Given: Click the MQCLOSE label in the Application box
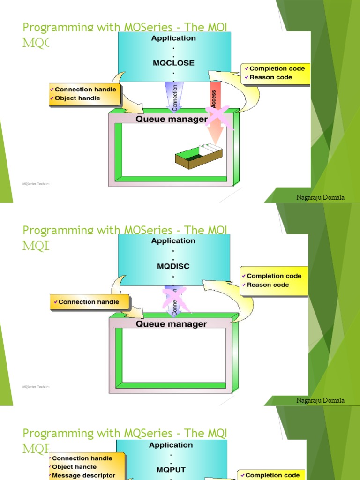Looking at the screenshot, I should [173, 63].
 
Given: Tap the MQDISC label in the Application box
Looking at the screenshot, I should [173, 266].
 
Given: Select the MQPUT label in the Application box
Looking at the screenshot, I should [173, 469].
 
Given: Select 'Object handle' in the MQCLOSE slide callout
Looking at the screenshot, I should [77, 98].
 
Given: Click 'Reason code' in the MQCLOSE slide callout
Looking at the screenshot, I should [270, 77].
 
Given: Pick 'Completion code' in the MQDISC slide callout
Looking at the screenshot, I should [274, 276].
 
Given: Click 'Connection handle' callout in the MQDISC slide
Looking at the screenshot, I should [89, 302].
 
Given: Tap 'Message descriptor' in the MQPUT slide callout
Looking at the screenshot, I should [83, 475].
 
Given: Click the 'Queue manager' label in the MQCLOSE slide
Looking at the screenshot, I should [171, 119].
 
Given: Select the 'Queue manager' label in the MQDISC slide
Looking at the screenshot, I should [171, 324].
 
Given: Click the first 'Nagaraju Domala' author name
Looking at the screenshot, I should [320, 197].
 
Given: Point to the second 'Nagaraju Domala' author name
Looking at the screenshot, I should [320, 400].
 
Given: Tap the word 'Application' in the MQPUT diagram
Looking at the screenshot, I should [171, 445].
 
